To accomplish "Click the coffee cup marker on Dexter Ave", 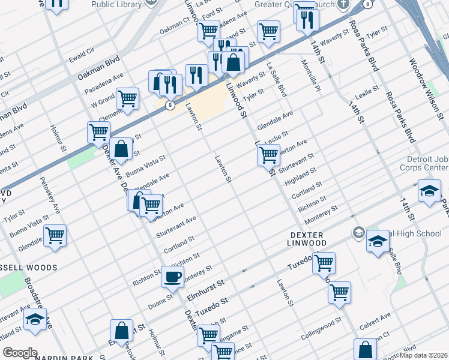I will point(172,277).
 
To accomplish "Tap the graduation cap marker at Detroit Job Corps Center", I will point(430,192).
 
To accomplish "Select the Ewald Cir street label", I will point(82,58).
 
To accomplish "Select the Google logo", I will point(20,353).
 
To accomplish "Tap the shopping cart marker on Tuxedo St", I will point(324,262).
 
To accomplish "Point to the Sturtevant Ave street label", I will point(176,227).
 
